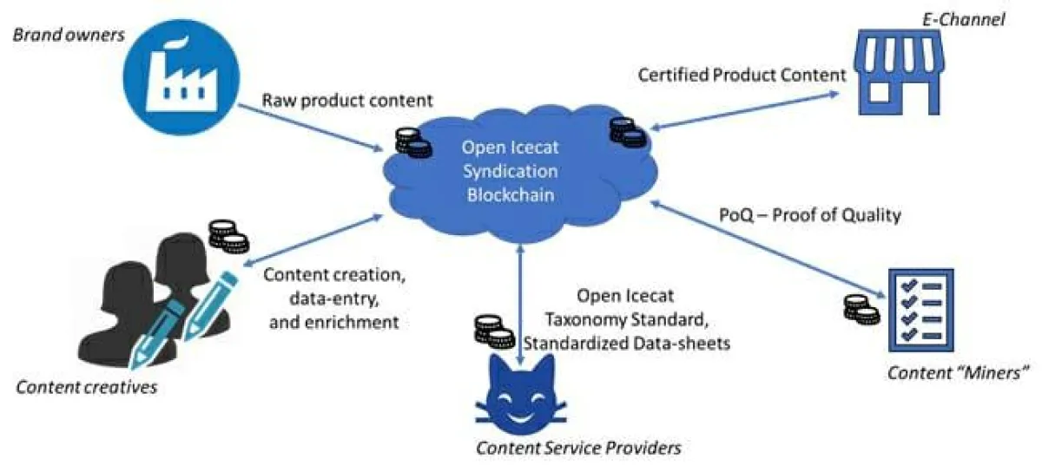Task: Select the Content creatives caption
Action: click(87, 387)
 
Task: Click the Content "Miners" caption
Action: click(958, 373)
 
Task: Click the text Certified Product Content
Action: click(742, 75)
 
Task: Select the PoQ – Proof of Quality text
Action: click(810, 214)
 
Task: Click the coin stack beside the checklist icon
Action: click(861, 310)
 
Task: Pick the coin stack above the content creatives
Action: click(228, 235)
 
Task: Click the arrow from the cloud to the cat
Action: click(520, 304)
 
